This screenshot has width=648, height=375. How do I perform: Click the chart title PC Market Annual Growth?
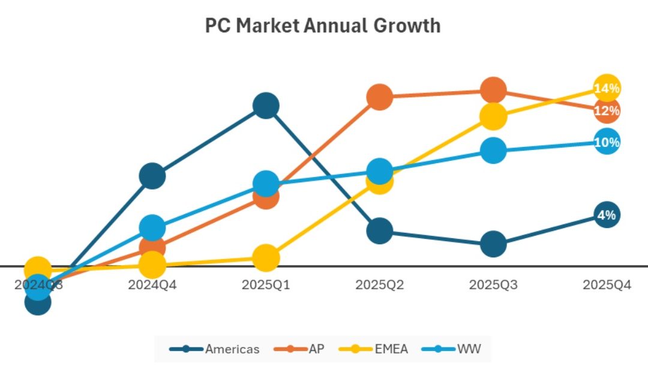coord(323,26)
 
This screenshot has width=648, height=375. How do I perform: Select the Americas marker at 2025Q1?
coord(266,106)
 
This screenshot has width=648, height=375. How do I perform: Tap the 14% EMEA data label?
coord(607,89)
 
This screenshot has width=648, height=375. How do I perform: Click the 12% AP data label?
coord(607,110)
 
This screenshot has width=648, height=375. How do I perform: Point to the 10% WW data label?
coord(607,142)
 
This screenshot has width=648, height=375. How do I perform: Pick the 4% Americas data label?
coord(607,215)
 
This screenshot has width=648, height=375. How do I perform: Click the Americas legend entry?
coord(215,349)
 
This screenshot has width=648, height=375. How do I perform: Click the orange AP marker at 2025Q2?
coord(379,97)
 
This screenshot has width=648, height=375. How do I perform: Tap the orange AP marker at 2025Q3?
coord(493,90)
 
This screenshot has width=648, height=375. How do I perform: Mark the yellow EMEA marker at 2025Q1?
coord(266,257)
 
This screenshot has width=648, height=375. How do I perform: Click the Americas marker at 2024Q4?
coord(152,176)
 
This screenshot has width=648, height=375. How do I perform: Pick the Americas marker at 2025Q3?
coord(493,244)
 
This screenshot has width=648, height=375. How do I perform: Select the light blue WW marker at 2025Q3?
coord(493,150)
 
